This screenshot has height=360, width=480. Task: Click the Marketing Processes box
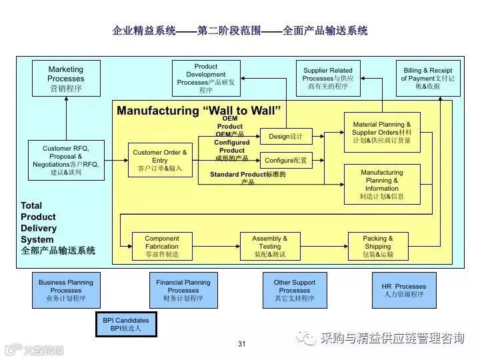66,78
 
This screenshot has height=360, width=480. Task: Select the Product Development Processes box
206,78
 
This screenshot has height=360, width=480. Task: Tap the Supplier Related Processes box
327,78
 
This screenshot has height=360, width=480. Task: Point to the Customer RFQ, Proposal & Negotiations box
66,160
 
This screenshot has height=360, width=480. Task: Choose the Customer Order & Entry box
160,160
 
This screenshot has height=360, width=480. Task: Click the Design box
286,137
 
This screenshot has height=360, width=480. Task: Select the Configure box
286,161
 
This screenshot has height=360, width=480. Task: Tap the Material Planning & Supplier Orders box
382,132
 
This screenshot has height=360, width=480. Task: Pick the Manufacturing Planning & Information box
382,184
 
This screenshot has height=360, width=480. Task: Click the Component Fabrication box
162,246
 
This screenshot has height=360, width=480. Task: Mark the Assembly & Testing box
270,246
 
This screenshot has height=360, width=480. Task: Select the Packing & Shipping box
377,246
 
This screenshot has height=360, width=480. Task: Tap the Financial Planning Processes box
183,290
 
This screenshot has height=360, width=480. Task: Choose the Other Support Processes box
294,290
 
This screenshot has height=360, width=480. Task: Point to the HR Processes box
404,290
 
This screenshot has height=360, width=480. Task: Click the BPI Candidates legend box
125,324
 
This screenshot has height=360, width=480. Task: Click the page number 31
241,344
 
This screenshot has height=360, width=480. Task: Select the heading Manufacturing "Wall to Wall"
199,111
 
